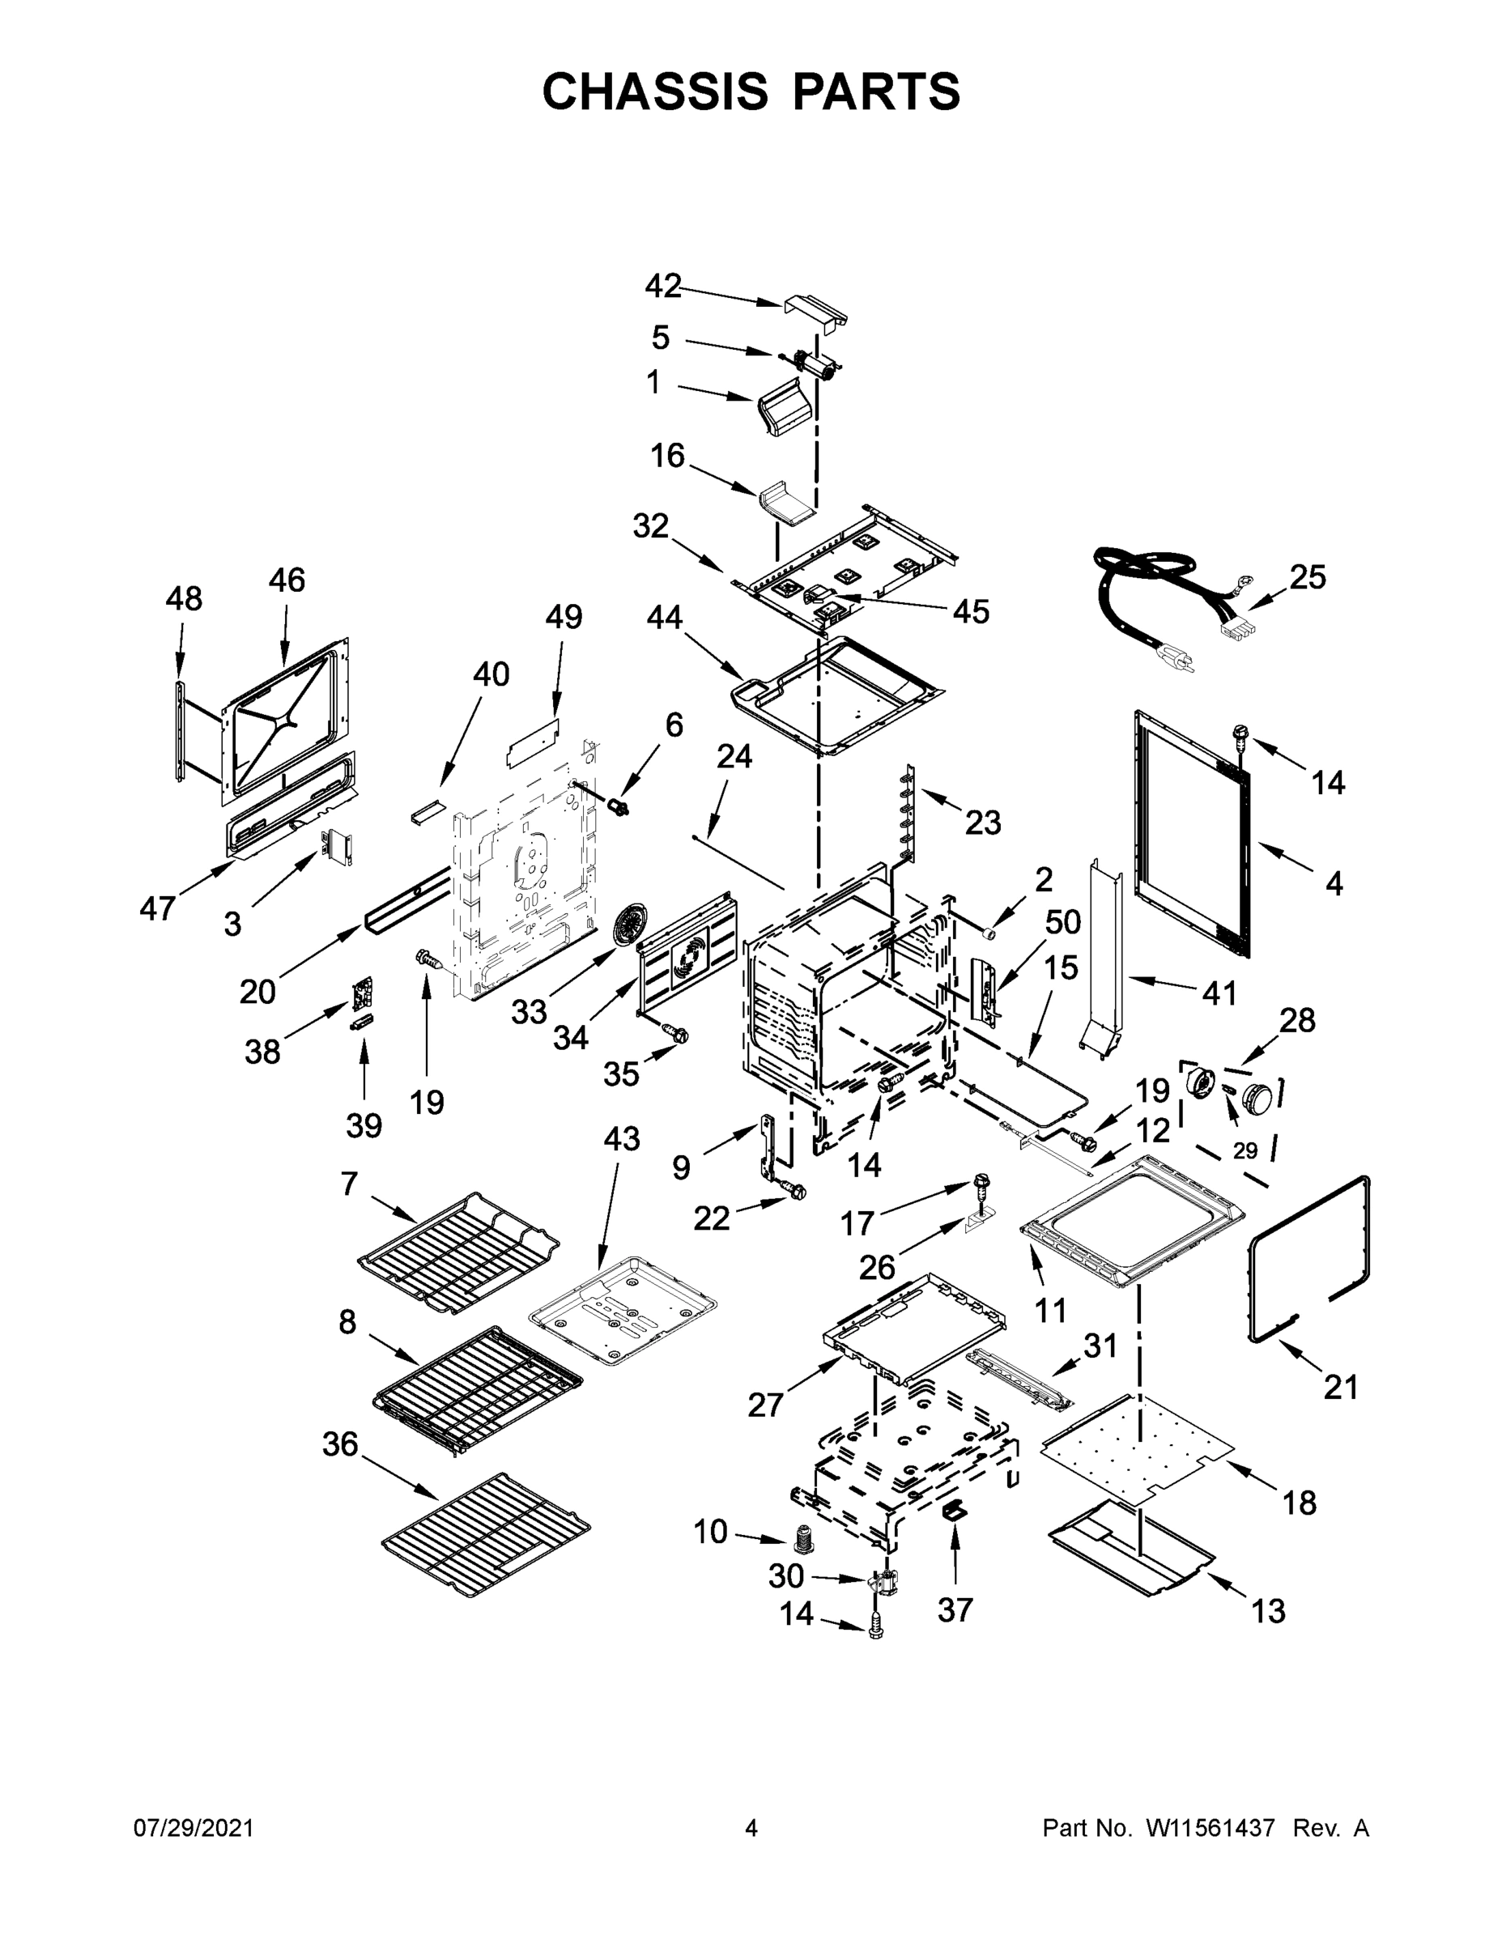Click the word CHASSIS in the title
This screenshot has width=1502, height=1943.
tap(655, 91)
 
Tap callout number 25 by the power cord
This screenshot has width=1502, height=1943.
tap(1307, 577)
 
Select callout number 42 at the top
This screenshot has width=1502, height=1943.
tap(663, 287)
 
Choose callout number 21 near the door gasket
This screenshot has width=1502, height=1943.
tap(1340, 1386)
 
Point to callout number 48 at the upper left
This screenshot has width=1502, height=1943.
tap(183, 599)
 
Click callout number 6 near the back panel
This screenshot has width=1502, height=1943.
tap(674, 725)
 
